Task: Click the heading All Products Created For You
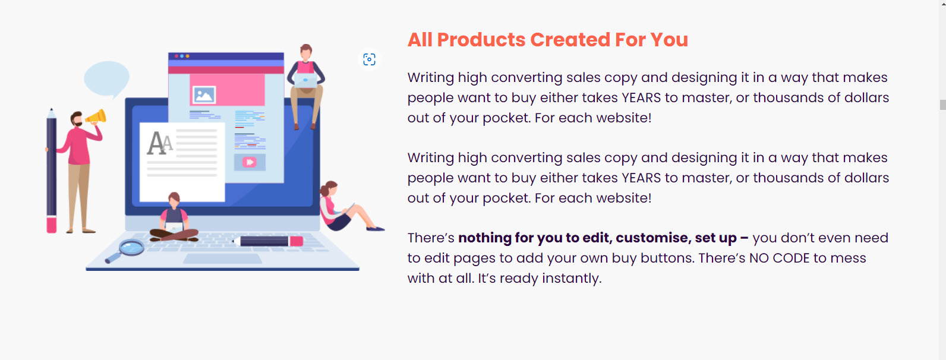pos(547,40)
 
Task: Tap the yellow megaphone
pos(97,116)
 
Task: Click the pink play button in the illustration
pos(249,162)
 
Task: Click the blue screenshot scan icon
pos(369,59)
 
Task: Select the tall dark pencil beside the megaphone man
pos(52,170)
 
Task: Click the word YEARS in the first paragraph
pos(641,98)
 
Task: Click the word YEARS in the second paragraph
pos(641,178)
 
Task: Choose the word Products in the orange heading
pos(481,40)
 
